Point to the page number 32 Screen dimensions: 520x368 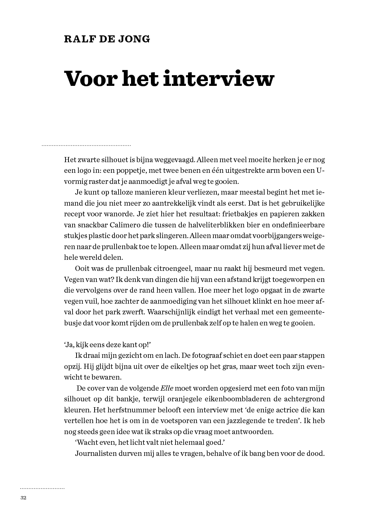(x=24, y=498)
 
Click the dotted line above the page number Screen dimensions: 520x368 (x=42, y=489)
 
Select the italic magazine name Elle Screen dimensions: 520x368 (x=167, y=388)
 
